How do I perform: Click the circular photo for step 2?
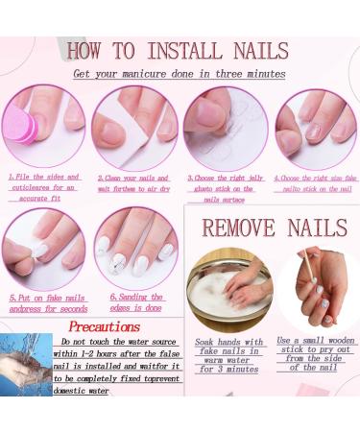coord(134,129)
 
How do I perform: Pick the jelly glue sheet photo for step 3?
coord(224,128)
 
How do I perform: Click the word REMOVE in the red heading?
coord(236,229)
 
